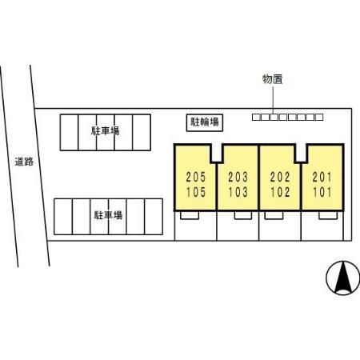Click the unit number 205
tap(196, 177)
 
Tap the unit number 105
tap(196, 192)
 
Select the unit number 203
tap(238, 177)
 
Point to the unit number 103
tap(238, 192)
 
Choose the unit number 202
tap(280, 177)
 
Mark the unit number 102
tap(280, 192)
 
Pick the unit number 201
tap(322, 177)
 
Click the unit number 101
tap(322, 192)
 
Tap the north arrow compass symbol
tap(343, 278)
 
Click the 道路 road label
tap(24, 162)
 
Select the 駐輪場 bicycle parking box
tap(205, 122)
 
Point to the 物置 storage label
tap(272, 79)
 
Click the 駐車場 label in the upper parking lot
tap(106, 131)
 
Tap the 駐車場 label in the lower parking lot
tap(108, 215)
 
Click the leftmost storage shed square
tap(256, 117)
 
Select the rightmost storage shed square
tap(319, 117)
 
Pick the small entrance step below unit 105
tap(190, 215)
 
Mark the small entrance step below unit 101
tap(328, 215)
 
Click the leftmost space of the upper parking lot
tap(70, 133)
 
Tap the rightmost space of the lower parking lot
tap(154, 217)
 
